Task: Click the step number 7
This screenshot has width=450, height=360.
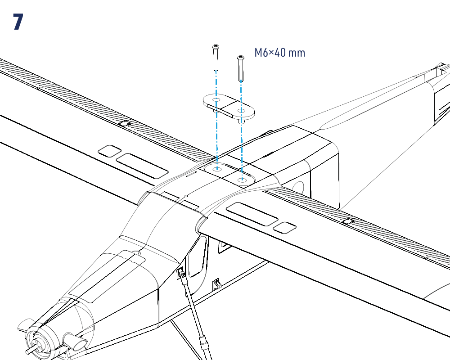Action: coord(18,22)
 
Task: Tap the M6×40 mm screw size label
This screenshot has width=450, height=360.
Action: coord(279,53)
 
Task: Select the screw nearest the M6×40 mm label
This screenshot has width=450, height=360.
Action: coord(241,68)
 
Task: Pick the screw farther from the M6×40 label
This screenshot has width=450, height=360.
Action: coord(216,58)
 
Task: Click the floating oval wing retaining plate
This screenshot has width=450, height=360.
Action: coord(229,107)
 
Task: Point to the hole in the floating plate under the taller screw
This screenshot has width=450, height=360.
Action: coord(216,100)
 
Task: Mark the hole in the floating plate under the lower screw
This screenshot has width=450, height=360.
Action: coord(241,111)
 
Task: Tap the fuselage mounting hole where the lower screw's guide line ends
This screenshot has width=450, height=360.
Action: coord(243,180)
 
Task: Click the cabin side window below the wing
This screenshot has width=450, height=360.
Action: coord(197,257)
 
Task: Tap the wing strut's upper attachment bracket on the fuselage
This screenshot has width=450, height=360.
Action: coord(181,273)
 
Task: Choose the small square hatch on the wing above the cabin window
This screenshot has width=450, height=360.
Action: coord(284,227)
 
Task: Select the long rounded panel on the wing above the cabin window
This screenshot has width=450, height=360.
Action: coord(252,214)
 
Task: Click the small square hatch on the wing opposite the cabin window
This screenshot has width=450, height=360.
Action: coord(109,151)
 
